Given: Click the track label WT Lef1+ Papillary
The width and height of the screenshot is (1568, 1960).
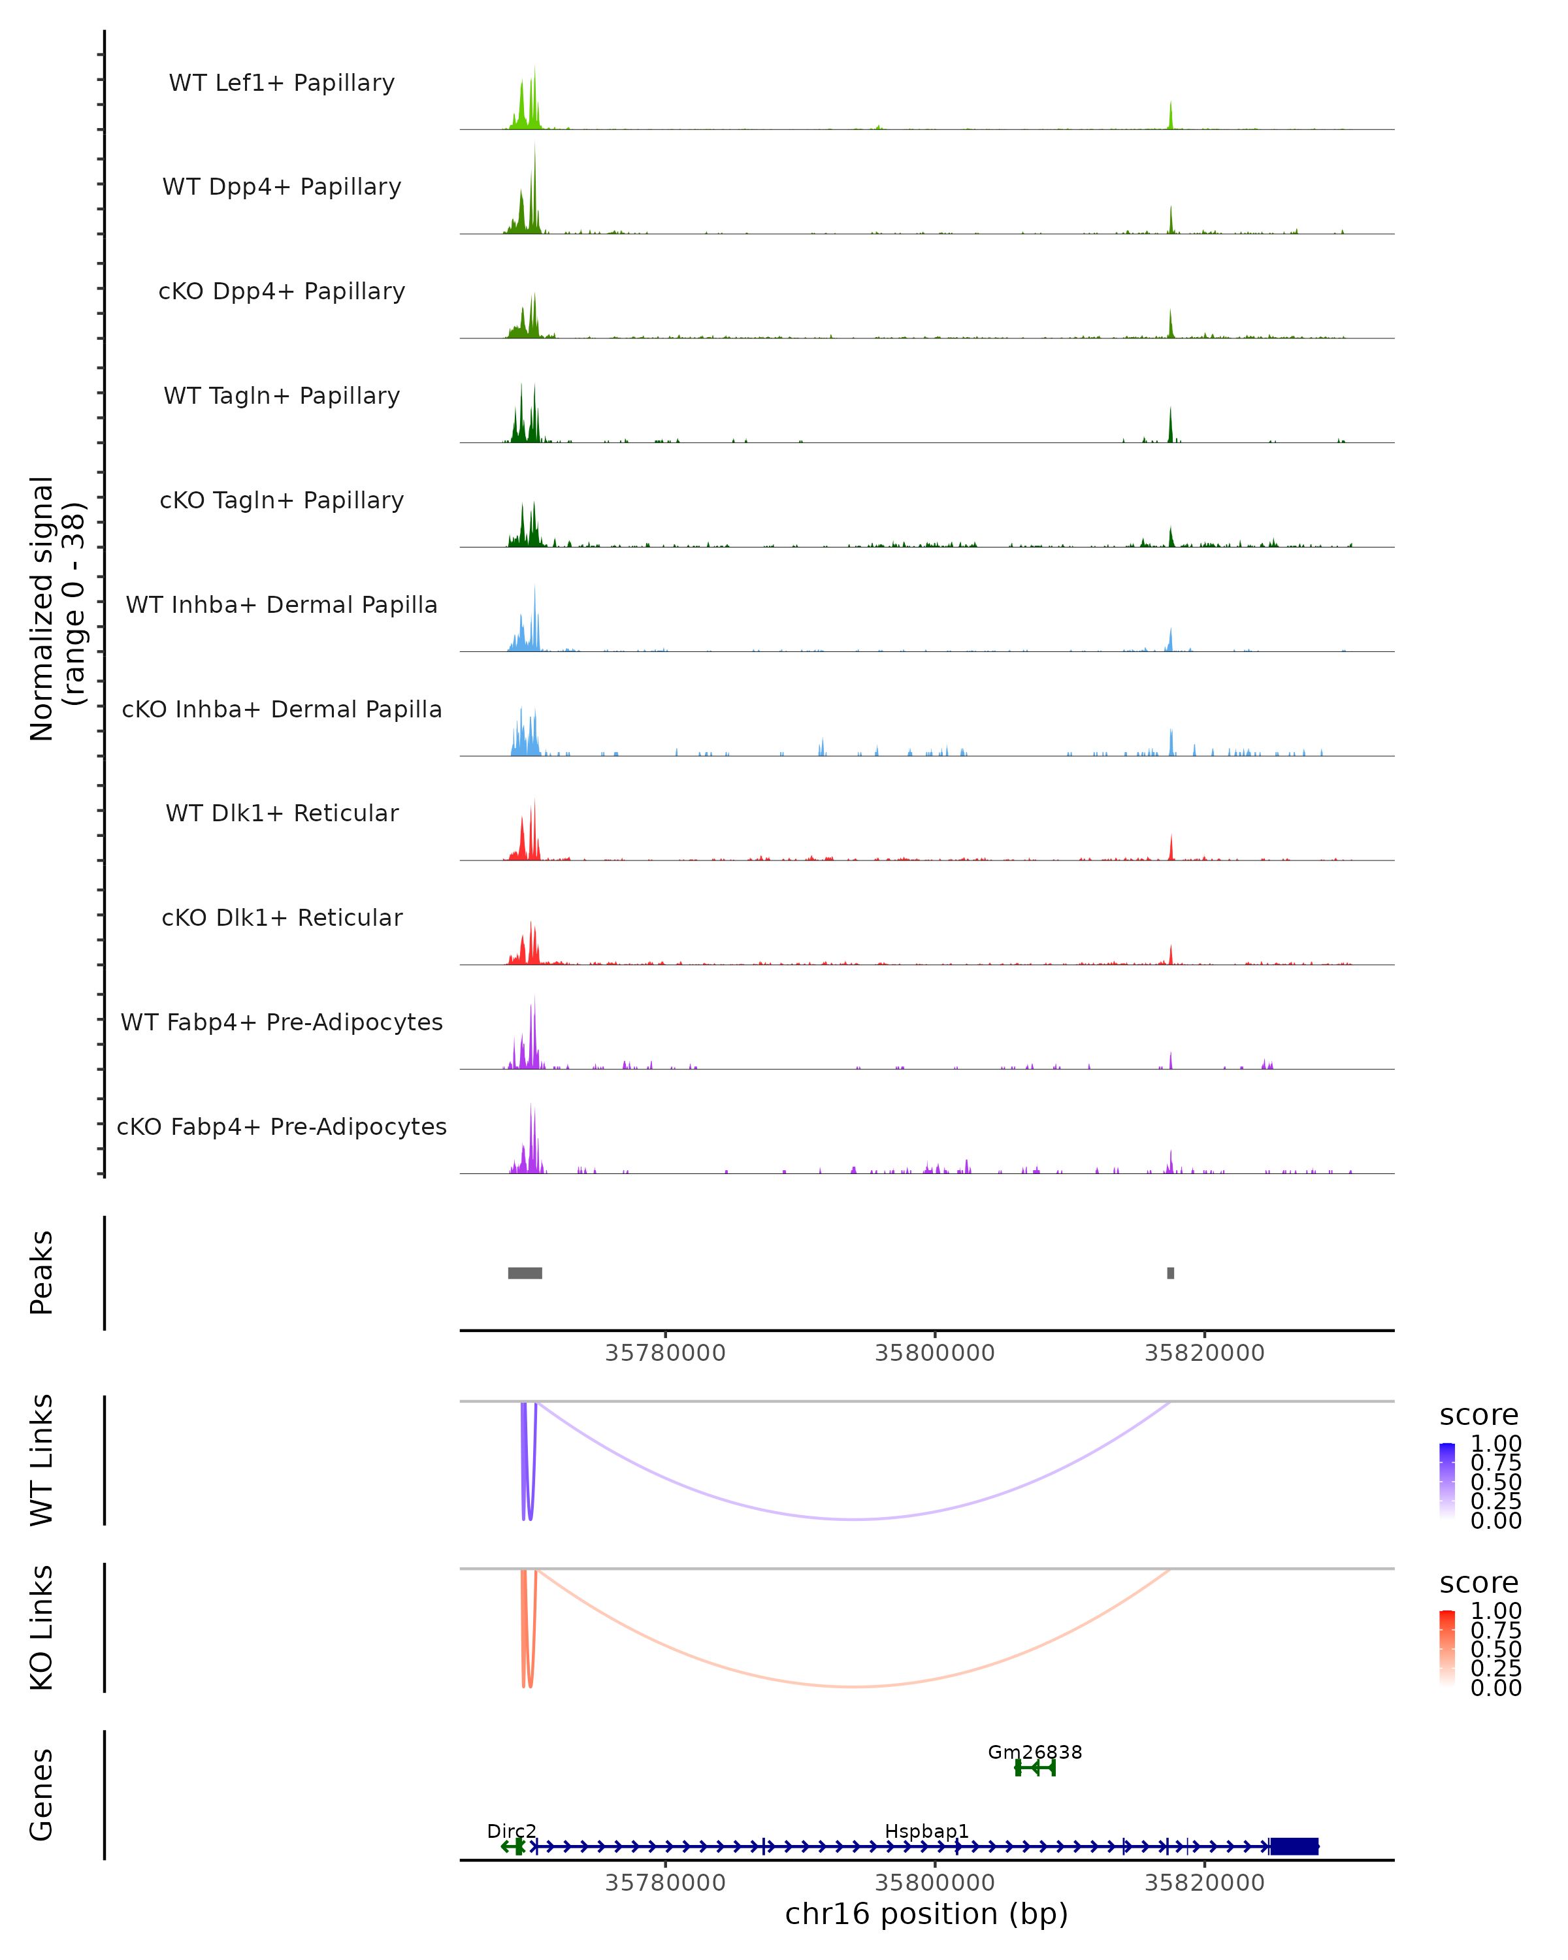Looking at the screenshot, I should pyautogui.click(x=282, y=83).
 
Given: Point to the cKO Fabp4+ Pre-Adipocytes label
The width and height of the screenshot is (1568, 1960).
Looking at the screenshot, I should pyautogui.click(x=282, y=1126).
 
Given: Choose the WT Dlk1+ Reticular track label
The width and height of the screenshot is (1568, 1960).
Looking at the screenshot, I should pyautogui.click(x=282, y=813).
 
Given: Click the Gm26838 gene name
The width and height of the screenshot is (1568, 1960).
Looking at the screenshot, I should pyautogui.click(x=1034, y=1752).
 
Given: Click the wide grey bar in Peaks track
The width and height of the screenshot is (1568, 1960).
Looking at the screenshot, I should pyautogui.click(x=525, y=1273).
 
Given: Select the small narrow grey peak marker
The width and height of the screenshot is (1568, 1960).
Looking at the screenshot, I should pyautogui.click(x=1171, y=1273).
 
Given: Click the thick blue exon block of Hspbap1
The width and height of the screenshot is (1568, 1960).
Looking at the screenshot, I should pyautogui.click(x=1294, y=1846).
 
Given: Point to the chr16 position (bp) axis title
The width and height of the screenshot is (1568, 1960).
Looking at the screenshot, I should pyautogui.click(x=926, y=1914).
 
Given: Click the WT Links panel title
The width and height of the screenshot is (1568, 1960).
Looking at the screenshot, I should pyautogui.click(x=42, y=1460).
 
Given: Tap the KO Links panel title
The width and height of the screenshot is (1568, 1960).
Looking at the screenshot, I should pyautogui.click(x=42, y=1627).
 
